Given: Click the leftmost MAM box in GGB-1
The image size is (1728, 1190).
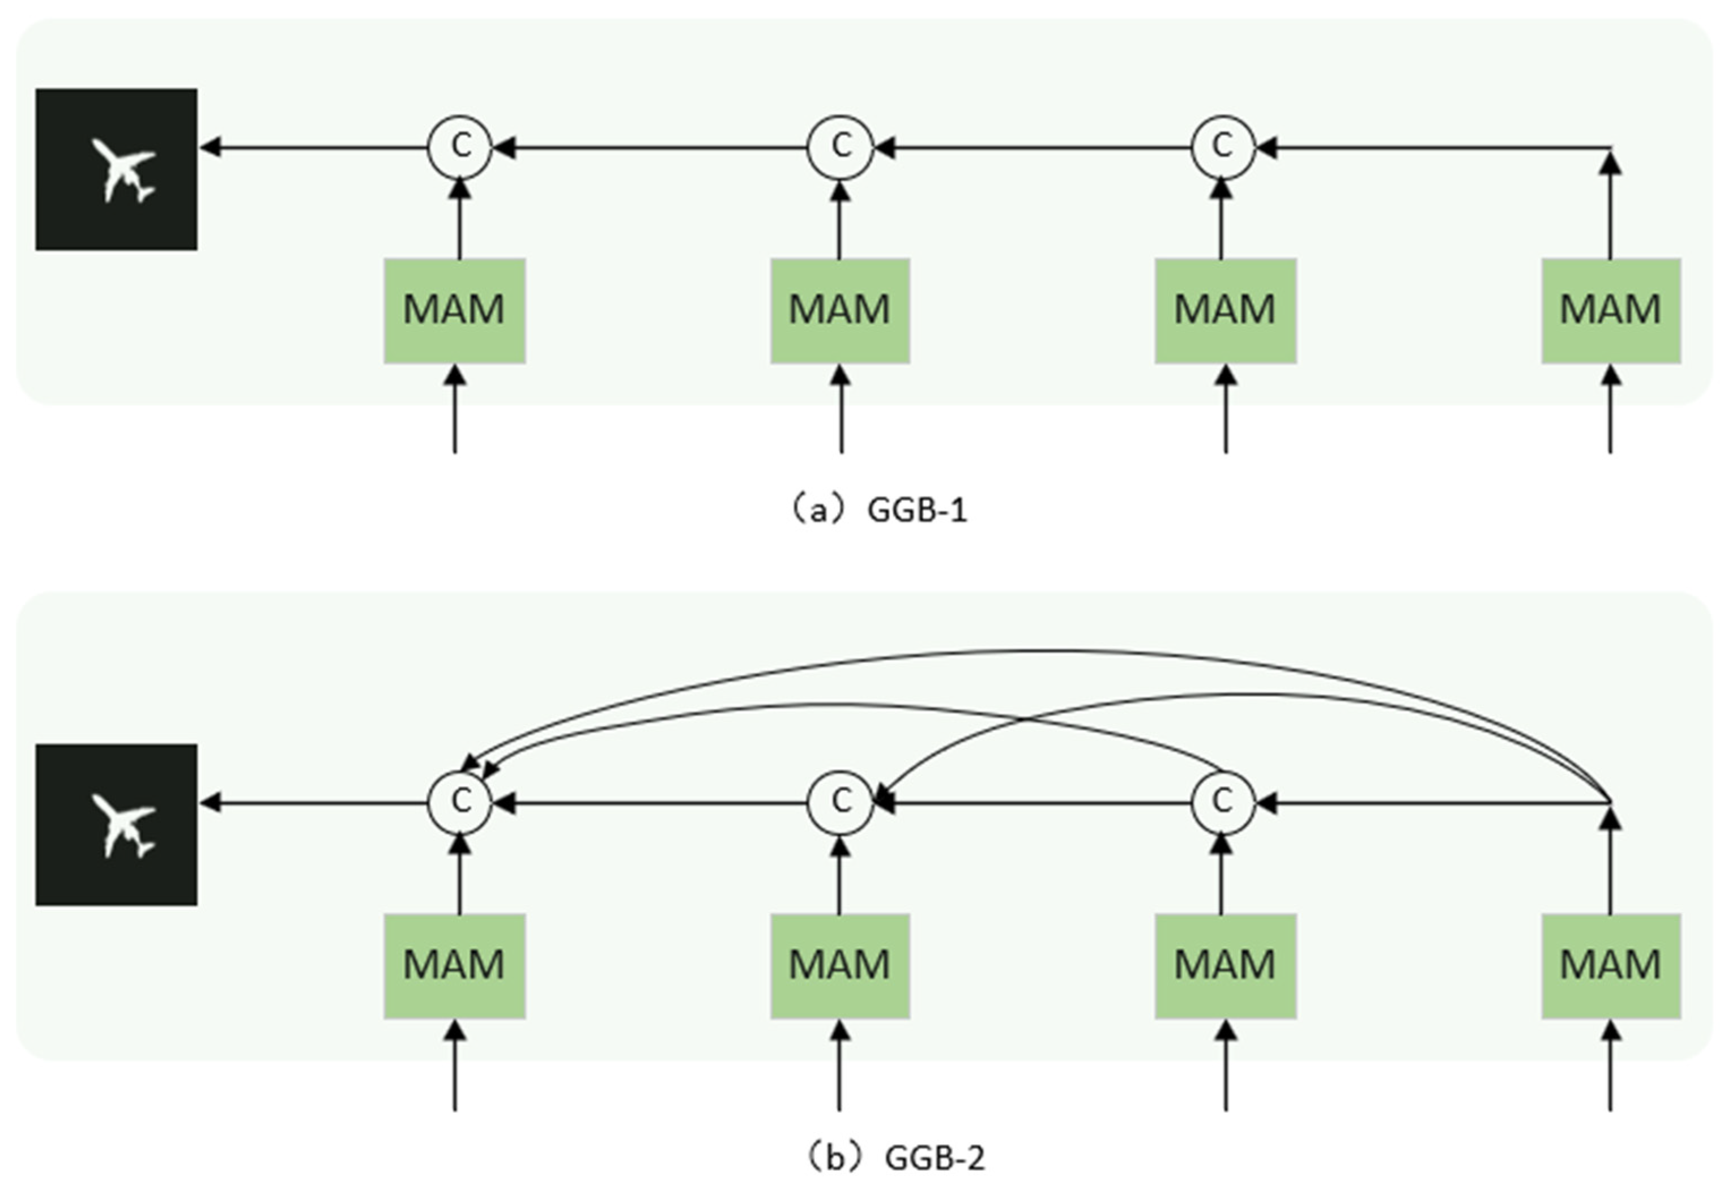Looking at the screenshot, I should point(454,311).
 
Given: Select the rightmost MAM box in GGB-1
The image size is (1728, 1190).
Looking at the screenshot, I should point(1611,311).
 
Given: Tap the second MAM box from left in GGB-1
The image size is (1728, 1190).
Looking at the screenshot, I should point(840,311).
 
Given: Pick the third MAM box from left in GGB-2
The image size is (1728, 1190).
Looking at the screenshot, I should point(1225,966).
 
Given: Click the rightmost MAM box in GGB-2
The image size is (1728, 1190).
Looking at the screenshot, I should point(1611,966).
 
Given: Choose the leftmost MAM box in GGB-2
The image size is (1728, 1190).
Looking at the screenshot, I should point(454,966).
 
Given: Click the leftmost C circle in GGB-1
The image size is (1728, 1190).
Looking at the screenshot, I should point(459,147).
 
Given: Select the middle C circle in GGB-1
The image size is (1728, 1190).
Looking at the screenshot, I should point(840,147).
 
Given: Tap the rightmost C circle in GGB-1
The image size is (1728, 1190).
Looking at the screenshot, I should point(1222,147).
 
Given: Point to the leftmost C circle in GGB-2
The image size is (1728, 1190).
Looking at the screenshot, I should point(459,803).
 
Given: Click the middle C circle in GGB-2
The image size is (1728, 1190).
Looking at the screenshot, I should point(840,803).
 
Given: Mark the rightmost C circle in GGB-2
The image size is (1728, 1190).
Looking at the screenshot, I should point(1222,803).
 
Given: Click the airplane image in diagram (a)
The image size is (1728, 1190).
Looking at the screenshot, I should point(116,169).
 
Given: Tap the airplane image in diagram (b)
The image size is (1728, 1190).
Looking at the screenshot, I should point(116,825).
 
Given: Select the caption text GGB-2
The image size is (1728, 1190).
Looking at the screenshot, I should point(934,1158).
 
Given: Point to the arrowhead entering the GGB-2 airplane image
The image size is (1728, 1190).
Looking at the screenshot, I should point(210,803).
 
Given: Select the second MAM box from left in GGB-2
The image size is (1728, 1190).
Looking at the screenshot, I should point(840,966).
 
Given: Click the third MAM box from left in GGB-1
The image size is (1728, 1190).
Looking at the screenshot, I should point(1225,311).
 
